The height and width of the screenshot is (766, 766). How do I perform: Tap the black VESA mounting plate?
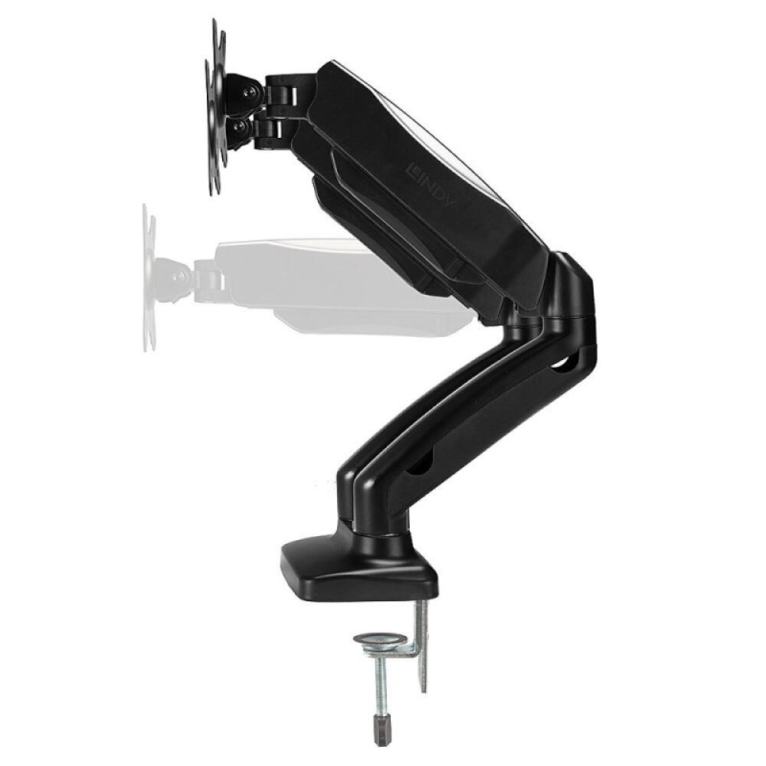(x=215, y=107)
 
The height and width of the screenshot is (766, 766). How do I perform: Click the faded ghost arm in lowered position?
(x=337, y=283)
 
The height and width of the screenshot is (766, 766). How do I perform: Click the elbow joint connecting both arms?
(x=571, y=299)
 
